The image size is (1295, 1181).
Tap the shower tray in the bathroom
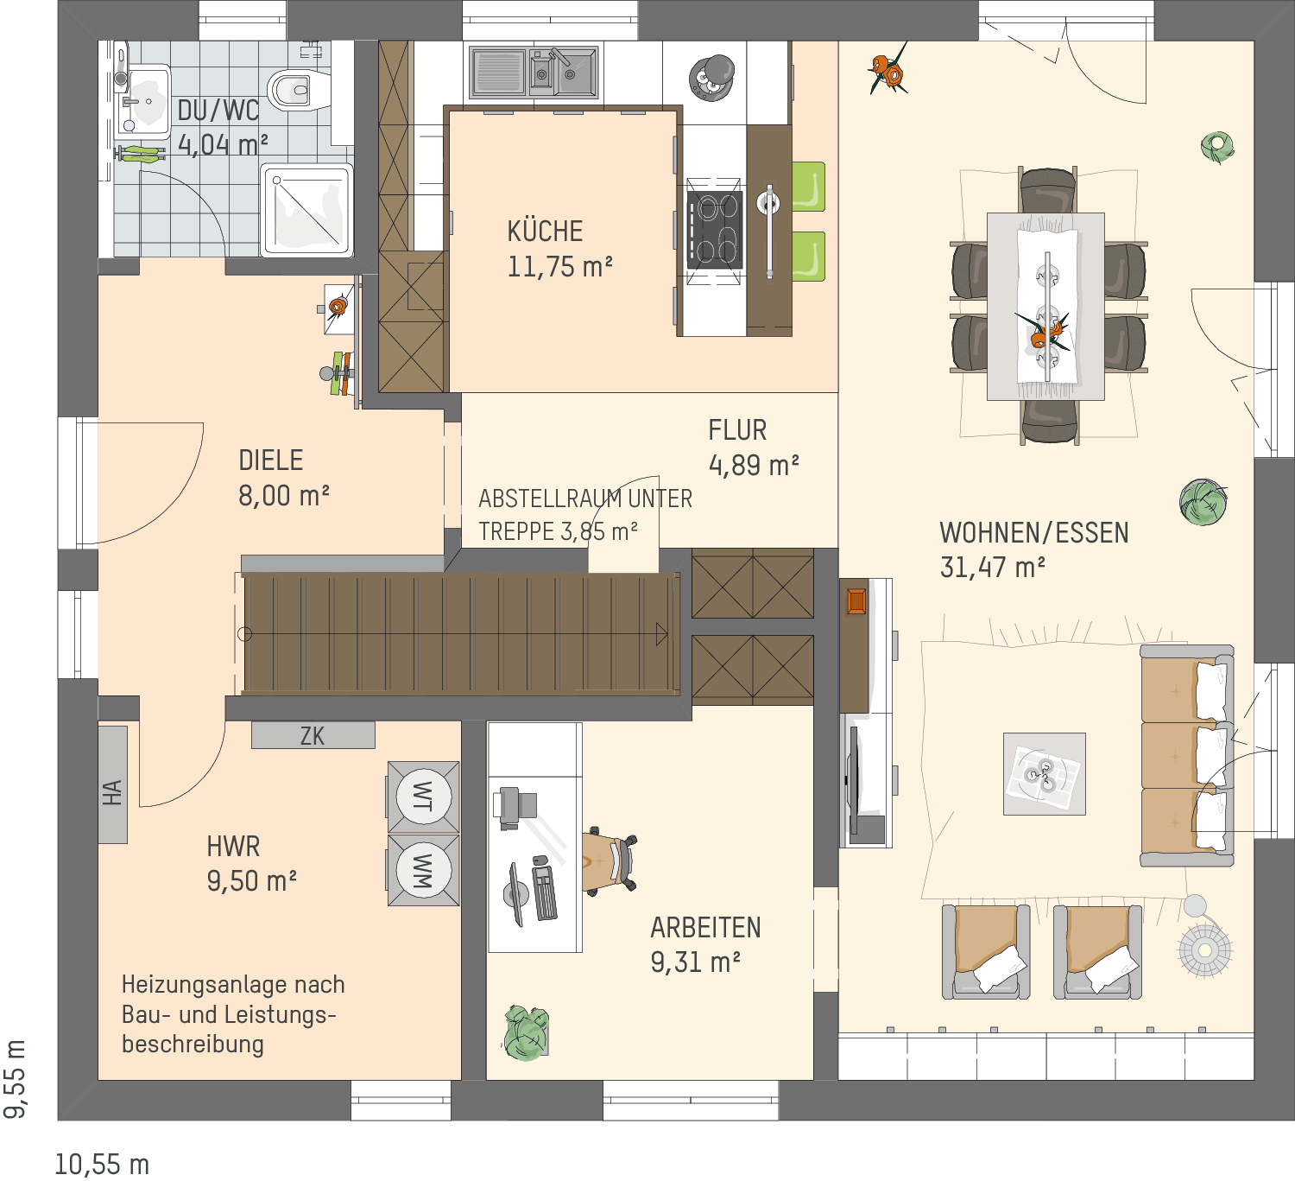pos(306,210)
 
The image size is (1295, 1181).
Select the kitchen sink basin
pos(534,73)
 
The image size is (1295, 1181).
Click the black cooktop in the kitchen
pos(714,230)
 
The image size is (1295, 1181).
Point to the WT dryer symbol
pos(424,797)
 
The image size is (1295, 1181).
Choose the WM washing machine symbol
pos(424,870)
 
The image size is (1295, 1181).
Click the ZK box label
pos(313,735)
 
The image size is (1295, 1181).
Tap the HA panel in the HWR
pos(112,784)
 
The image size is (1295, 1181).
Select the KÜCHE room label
pos(545,232)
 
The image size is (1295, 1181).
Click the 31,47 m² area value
pos(992,568)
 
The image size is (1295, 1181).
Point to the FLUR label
pos(737,430)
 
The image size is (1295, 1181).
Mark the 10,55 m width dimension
pos(102,1165)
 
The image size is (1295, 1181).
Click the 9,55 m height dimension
pos(14,1078)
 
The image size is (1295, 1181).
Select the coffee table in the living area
pos(1044,773)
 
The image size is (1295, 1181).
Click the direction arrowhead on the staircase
pos(661,634)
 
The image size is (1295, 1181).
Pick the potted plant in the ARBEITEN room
pos(526,1032)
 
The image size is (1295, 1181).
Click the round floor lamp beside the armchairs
pos(1204,950)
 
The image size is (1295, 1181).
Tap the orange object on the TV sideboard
pos(856,600)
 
